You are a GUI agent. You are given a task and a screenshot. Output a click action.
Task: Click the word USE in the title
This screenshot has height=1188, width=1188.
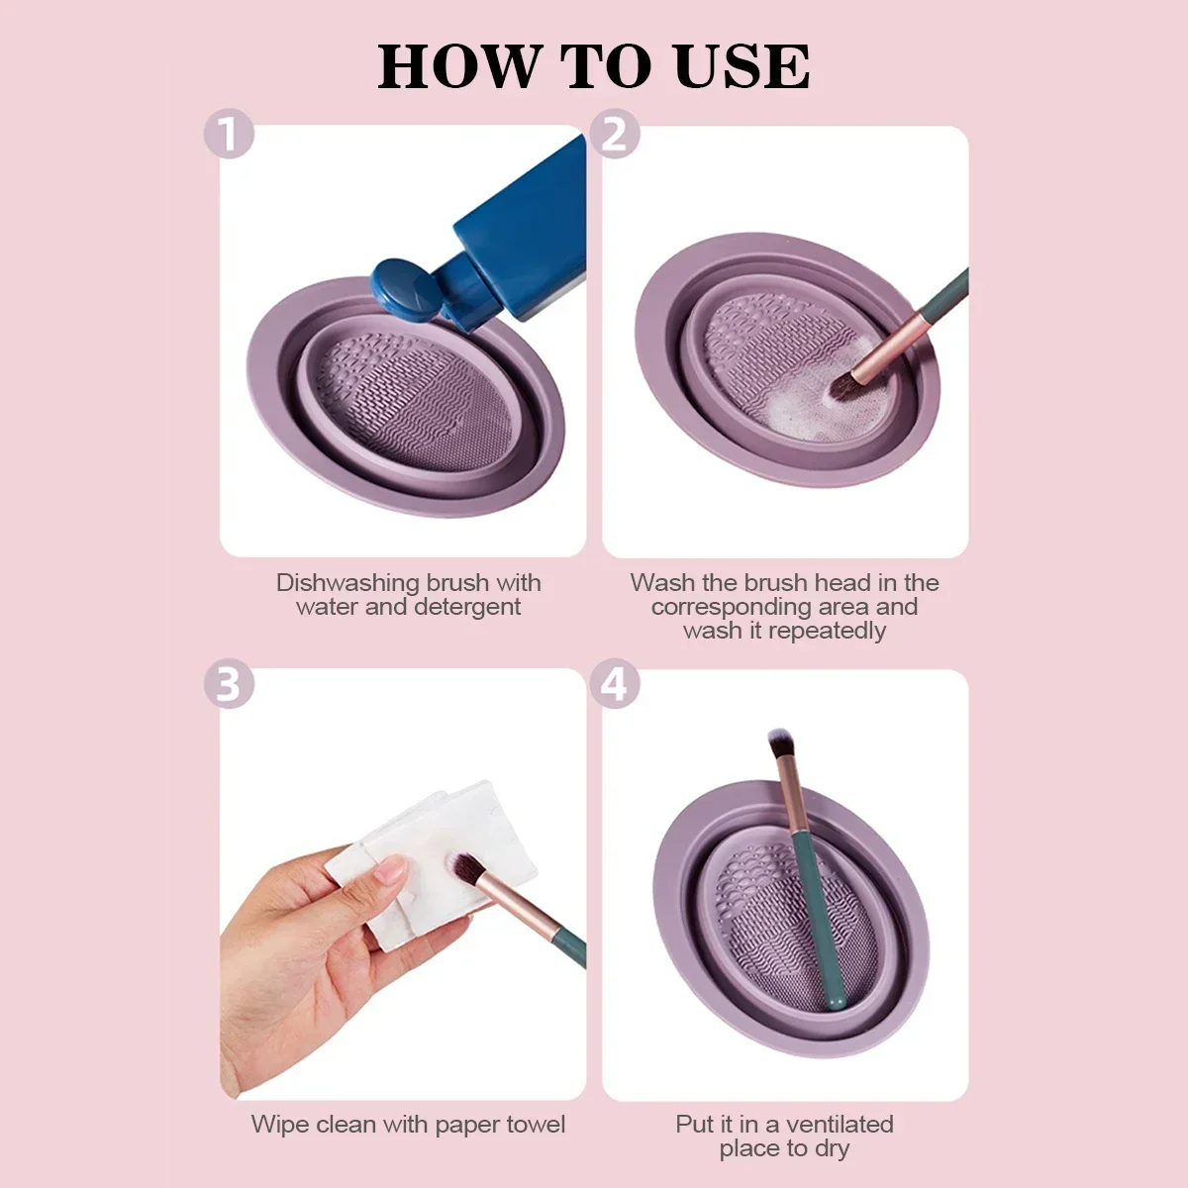pyautogui.click(x=742, y=67)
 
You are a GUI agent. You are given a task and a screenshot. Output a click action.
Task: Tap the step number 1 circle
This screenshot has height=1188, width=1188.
pyautogui.click(x=229, y=135)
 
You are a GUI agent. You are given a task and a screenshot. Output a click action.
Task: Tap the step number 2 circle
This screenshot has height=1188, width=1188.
pyautogui.click(x=615, y=135)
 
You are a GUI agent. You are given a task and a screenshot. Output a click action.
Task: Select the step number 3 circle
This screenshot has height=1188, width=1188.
pyautogui.click(x=229, y=685)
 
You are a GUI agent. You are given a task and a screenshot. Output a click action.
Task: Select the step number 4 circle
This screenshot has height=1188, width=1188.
pyautogui.click(x=615, y=685)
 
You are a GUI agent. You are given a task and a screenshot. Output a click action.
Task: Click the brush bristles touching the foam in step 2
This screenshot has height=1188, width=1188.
pyautogui.click(x=843, y=387)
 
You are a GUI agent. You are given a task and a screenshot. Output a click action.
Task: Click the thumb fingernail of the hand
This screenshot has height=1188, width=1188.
pyautogui.click(x=392, y=870)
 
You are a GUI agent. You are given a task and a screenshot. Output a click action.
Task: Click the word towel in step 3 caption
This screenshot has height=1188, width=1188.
pyautogui.click(x=536, y=1125)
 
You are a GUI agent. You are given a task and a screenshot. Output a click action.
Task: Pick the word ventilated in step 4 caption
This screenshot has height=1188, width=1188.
pyautogui.click(x=840, y=1125)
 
